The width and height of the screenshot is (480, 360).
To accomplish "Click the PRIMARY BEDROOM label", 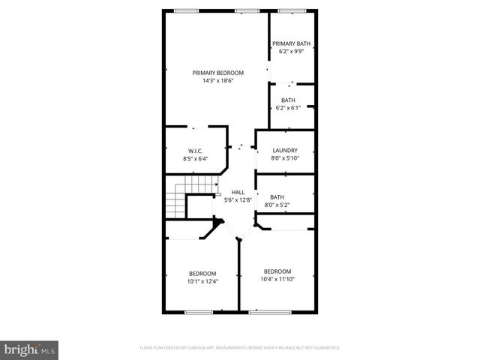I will tap(218, 73).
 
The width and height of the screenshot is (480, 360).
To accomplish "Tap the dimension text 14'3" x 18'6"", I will tap(218, 81).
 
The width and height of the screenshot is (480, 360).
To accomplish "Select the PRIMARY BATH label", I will tap(291, 43).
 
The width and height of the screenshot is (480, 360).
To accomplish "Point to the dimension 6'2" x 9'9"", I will tap(291, 52).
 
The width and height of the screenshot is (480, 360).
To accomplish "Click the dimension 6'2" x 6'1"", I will tap(288, 108).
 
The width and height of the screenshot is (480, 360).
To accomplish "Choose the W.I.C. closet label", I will tap(195, 151).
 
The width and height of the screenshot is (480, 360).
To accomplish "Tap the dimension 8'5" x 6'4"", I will tap(195, 159).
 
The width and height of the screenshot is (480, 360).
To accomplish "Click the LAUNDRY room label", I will tap(285, 150).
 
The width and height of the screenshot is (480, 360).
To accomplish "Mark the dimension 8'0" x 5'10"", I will tap(285, 158).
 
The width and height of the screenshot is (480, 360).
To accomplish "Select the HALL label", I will tap(238, 192).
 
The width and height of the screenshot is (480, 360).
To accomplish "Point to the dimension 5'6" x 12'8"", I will tap(238, 200).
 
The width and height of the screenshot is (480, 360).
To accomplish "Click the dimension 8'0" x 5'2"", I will tap(277, 205).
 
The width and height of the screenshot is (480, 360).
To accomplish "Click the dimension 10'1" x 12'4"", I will tap(202, 281).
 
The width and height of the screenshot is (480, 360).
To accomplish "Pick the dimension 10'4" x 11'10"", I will tap(277, 280).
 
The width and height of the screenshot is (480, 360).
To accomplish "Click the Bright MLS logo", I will tap(30, 349).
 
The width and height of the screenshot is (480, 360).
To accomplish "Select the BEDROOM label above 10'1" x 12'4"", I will tap(202, 273).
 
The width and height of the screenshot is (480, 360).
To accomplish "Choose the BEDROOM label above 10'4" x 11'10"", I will tap(277, 271).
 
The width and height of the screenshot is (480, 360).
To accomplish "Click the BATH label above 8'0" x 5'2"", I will tap(277, 196).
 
